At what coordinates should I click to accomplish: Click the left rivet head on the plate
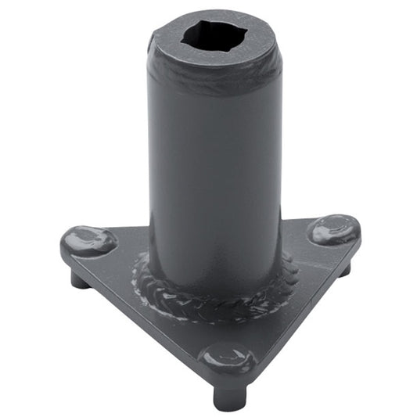tap(88, 240)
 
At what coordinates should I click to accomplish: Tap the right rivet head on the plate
tap(333, 229)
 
